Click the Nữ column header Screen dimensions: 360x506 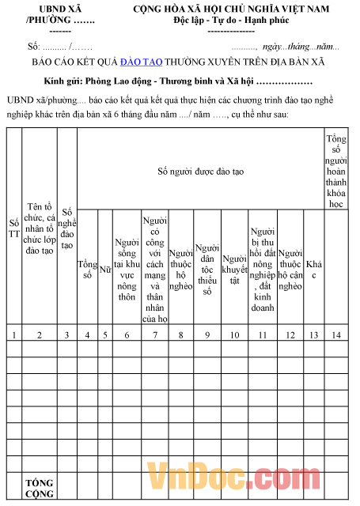(105, 270)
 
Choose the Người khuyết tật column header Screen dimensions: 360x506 (234, 270)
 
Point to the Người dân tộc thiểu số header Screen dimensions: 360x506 (207, 270)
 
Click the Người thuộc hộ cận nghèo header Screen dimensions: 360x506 (290, 270)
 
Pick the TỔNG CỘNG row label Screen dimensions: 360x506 (39, 488)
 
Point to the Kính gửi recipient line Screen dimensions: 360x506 (179, 81)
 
